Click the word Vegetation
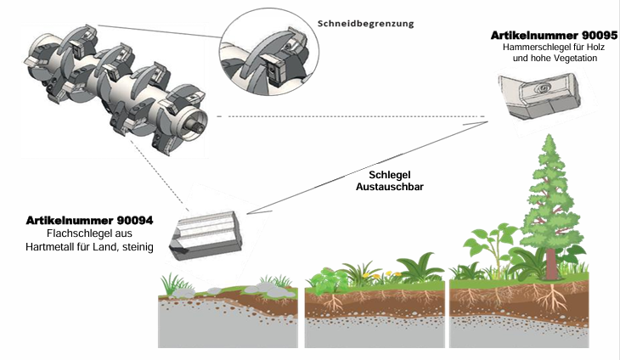575,60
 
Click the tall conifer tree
553,212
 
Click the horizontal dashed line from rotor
340,116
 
